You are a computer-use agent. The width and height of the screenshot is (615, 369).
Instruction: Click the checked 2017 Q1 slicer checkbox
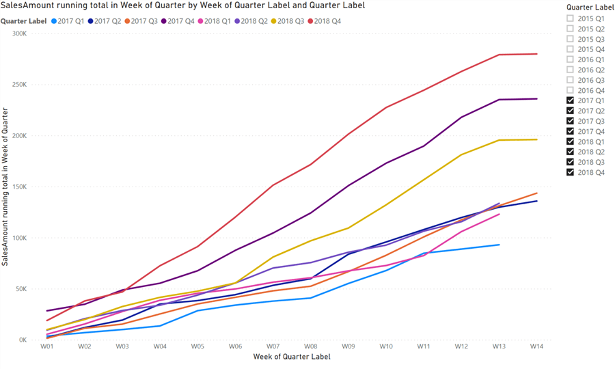coord(571,100)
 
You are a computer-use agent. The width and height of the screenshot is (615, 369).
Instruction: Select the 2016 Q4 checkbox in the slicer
coord(571,90)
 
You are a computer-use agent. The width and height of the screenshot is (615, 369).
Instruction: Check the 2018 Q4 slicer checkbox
coord(571,172)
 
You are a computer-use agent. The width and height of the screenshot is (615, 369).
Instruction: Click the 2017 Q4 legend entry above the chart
coord(180,21)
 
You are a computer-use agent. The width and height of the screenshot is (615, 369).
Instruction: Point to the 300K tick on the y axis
coord(18,33)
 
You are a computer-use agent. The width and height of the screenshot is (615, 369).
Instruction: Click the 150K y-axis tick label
coord(18,187)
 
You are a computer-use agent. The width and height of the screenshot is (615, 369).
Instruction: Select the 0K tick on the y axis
coord(22,340)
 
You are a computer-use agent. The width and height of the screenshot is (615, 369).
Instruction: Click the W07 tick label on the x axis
coord(273,347)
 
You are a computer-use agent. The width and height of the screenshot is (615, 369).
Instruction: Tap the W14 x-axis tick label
coord(536,347)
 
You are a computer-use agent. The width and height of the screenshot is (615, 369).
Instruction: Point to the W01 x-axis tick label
coord(47,347)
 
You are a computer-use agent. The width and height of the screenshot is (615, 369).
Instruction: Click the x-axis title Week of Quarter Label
coord(292,357)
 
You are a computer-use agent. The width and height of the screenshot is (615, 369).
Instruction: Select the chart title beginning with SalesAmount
coord(183,5)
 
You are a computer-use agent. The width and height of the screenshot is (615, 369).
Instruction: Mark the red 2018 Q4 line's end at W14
coord(536,54)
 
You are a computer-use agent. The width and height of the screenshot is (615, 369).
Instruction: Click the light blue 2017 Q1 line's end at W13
coord(499,245)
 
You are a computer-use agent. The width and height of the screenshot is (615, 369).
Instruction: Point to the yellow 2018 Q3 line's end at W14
coord(536,139)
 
